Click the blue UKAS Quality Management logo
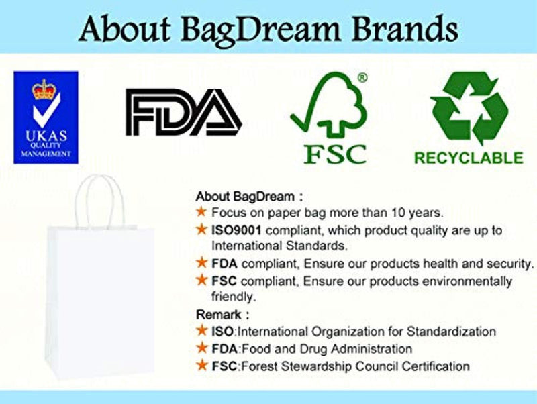(x=46, y=117)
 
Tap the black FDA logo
(x=183, y=113)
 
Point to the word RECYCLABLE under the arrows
(x=468, y=158)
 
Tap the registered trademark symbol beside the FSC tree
(x=362, y=78)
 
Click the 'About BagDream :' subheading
(x=249, y=197)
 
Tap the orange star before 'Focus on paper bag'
(x=201, y=213)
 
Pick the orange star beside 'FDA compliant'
(x=201, y=262)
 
